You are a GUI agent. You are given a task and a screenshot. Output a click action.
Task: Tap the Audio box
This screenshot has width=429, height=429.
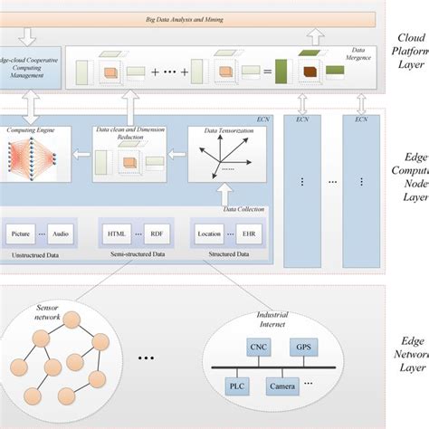coord(60,233)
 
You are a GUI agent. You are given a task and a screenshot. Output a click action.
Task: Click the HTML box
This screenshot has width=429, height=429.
coord(117,233)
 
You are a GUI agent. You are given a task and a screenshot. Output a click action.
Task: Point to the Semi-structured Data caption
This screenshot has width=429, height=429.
coord(137,255)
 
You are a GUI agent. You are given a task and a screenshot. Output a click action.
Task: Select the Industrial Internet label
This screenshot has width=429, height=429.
coord(279,319)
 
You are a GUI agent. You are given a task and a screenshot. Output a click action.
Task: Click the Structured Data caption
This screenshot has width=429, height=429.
coord(228,255)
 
